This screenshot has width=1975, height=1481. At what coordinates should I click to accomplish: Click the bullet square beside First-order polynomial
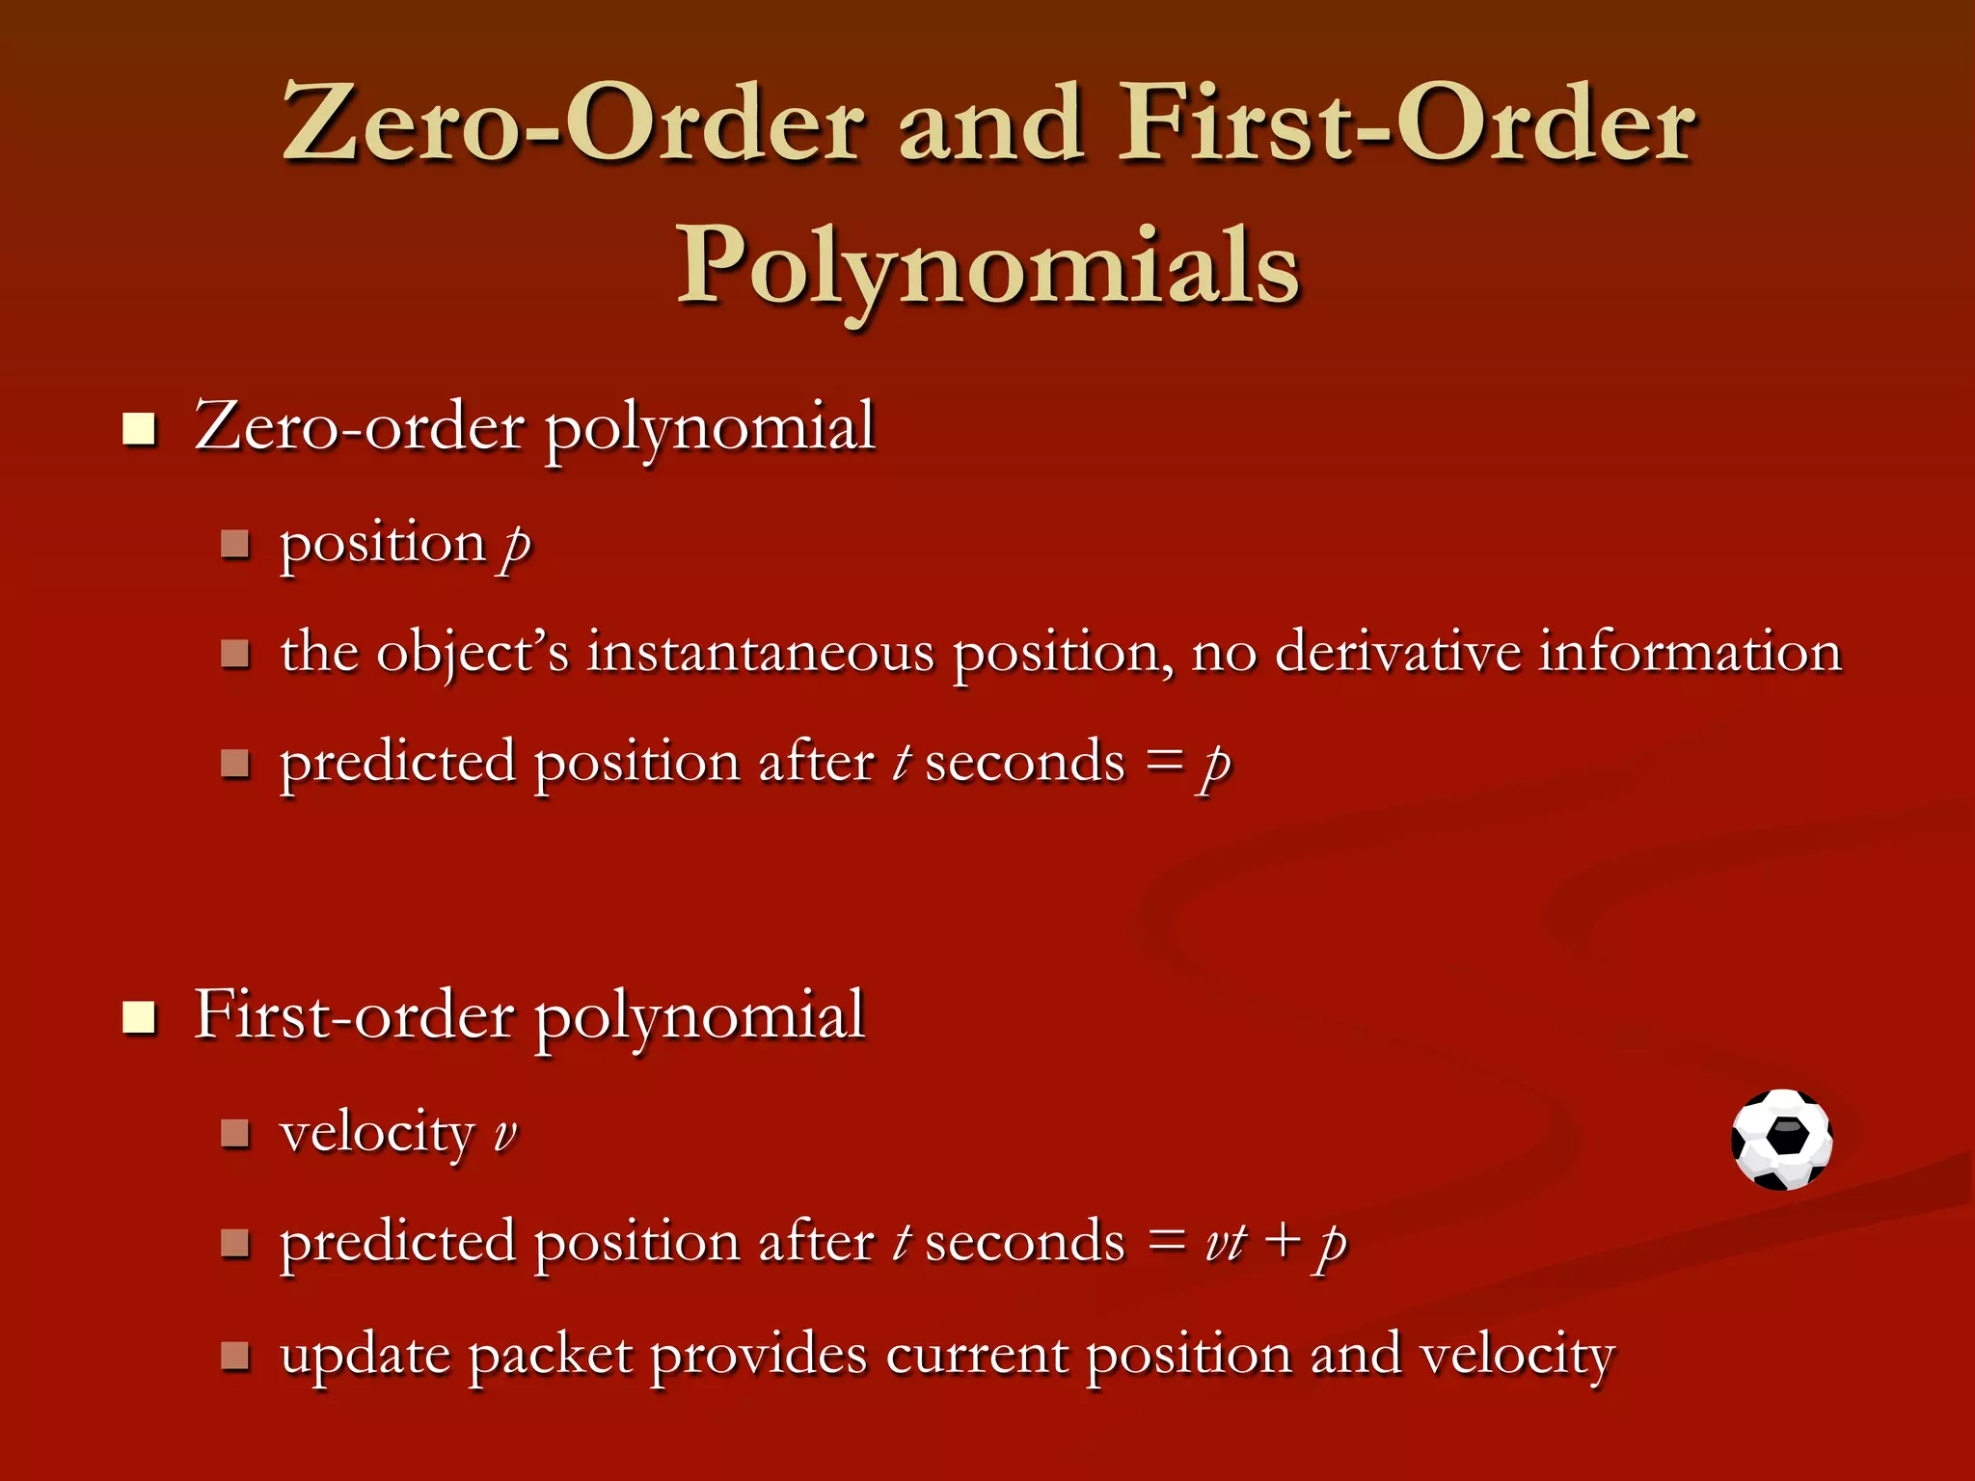click(140, 1017)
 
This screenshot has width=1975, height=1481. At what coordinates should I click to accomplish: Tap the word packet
click(551, 1356)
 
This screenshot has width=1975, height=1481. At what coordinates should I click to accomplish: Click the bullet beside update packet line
click(235, 1356)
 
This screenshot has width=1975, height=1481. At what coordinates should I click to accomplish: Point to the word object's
click(473, 654)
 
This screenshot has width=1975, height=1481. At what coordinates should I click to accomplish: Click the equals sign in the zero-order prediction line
click(1165, 762)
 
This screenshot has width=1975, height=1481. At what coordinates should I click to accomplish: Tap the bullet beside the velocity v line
click(235, 1133)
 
